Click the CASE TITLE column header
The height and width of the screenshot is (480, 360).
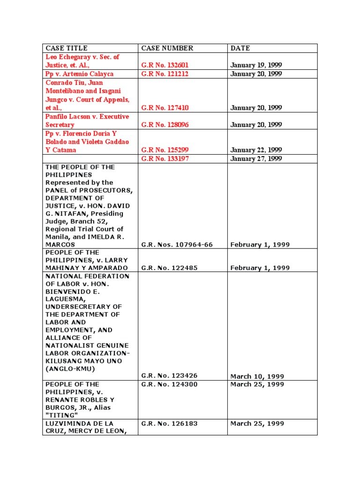point(67,48)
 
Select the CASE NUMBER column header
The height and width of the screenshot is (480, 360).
point(167,48)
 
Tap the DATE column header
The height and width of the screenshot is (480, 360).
point(240,48)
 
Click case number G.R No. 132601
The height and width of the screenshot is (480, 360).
point(165,65)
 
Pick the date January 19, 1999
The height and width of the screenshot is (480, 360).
point(256,65)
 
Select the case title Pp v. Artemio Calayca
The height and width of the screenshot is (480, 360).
point(79,74)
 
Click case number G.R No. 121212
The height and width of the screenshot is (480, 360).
point(165,74)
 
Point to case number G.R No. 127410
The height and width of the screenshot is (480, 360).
point(165,108)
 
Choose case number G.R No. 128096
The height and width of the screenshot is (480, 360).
point(165,125)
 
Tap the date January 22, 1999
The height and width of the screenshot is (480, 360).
point(256,150)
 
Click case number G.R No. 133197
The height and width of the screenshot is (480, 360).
point(165,159)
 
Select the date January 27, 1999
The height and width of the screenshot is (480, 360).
point(256,159)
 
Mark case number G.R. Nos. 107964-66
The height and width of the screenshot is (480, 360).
point(177,245)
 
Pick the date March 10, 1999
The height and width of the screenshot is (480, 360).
point(257,376)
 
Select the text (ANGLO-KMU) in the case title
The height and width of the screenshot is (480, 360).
point(70,368)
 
